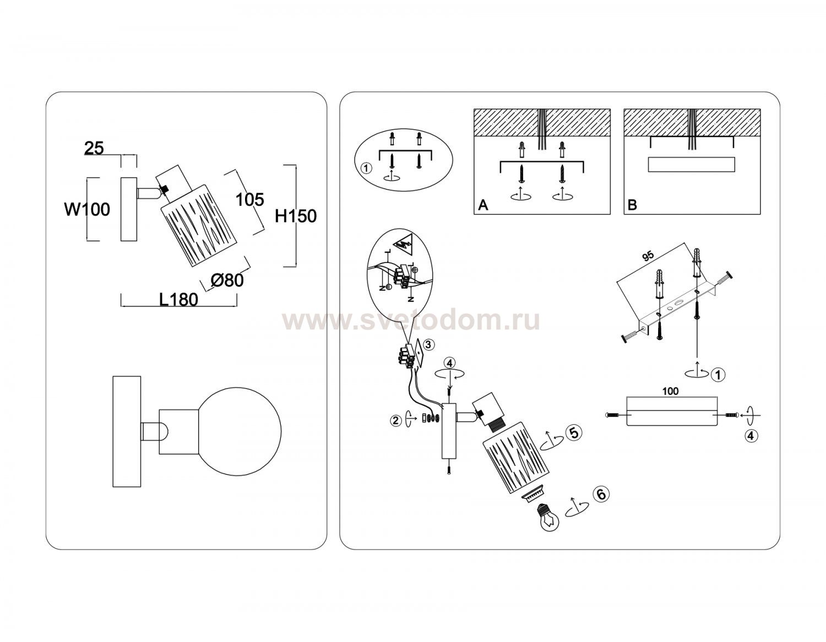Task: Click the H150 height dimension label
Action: tap(295, 216)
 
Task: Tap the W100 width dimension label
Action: tap(87, 209)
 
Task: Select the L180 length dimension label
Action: tap(178, 300)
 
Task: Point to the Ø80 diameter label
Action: tap(227, 280)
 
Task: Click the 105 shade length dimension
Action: tap(250, 200)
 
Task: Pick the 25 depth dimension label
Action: tap(94, 148)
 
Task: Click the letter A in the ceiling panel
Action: tap(483, 205)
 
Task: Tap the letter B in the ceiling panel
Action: tap(632, 205)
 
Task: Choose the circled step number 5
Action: tap(574, 432)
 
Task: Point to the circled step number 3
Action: tap(428, 345)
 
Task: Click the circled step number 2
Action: tap(396, 420)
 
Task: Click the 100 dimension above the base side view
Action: tap(670, 391)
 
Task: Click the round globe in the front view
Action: tap(239, 431)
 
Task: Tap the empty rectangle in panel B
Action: tap(691, 164)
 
